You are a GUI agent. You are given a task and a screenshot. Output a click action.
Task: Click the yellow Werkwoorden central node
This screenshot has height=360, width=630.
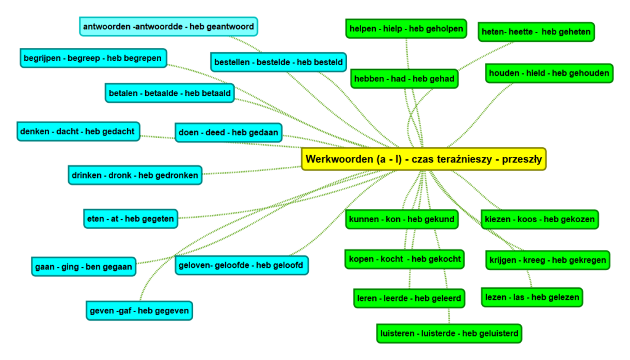[423, 159]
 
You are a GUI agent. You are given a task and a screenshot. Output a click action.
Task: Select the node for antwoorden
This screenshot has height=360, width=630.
[168, 27]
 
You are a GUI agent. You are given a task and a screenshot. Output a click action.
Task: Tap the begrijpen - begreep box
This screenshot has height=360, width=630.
[93, 58]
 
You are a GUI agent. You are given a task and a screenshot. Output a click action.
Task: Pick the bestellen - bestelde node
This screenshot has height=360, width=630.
[279, 62]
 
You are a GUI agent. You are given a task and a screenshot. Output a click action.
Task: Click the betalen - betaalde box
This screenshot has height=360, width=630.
[170, 94]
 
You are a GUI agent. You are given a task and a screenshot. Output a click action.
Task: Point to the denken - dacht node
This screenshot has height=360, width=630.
[78, 132]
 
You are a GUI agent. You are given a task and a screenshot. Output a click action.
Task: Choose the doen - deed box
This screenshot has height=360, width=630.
[228, 132]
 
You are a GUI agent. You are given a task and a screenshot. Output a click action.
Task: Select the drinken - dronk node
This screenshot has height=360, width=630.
[135, 175]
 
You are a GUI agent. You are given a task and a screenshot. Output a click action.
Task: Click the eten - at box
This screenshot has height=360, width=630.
[131, 218]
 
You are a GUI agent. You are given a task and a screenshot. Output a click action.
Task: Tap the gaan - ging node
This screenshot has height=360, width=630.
[82, 267]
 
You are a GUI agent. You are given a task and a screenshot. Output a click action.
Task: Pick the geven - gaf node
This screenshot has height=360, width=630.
[139, 311]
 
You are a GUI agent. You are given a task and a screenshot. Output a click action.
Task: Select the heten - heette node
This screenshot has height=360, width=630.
[536, 32]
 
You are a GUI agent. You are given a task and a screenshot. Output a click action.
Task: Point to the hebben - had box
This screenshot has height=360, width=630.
[404, 79]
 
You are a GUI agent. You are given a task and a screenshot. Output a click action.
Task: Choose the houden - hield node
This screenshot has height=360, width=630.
[549, 73]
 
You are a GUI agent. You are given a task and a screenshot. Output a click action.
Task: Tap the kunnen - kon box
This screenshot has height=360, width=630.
[401, 219]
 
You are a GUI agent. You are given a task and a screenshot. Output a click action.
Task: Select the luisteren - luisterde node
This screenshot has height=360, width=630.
[450, 334]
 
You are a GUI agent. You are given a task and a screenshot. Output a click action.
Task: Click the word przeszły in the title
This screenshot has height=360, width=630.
[522, 159]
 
